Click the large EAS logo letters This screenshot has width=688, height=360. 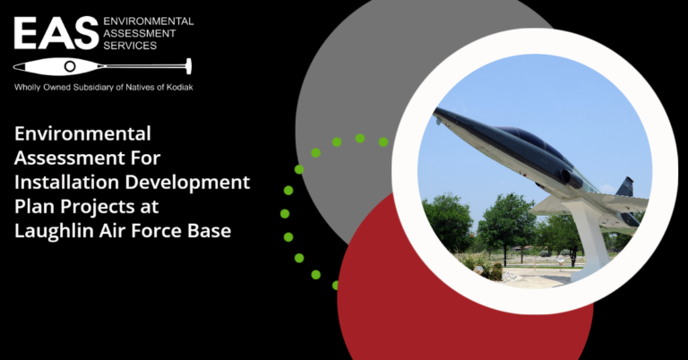(x=56, y=33)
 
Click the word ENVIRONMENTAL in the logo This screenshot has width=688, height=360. (x=149, y=21)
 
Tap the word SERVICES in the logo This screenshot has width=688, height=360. (x=130, y=46)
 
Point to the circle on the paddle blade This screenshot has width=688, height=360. (x=70, y=66)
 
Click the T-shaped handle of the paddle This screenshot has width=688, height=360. (x=189, y=66)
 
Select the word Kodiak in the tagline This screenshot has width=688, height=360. (x=180, y=87)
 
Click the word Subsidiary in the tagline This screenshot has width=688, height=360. (x=94, y=87)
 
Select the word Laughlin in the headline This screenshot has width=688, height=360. (x=54, y=231)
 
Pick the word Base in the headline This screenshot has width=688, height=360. (x=210, y=231)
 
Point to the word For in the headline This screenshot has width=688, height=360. (x=145, y=159)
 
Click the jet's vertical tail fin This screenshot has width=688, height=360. (x=624, y=186)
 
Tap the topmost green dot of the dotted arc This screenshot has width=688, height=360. (x=360, y=139)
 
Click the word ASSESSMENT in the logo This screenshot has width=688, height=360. (x=140, y=33)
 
